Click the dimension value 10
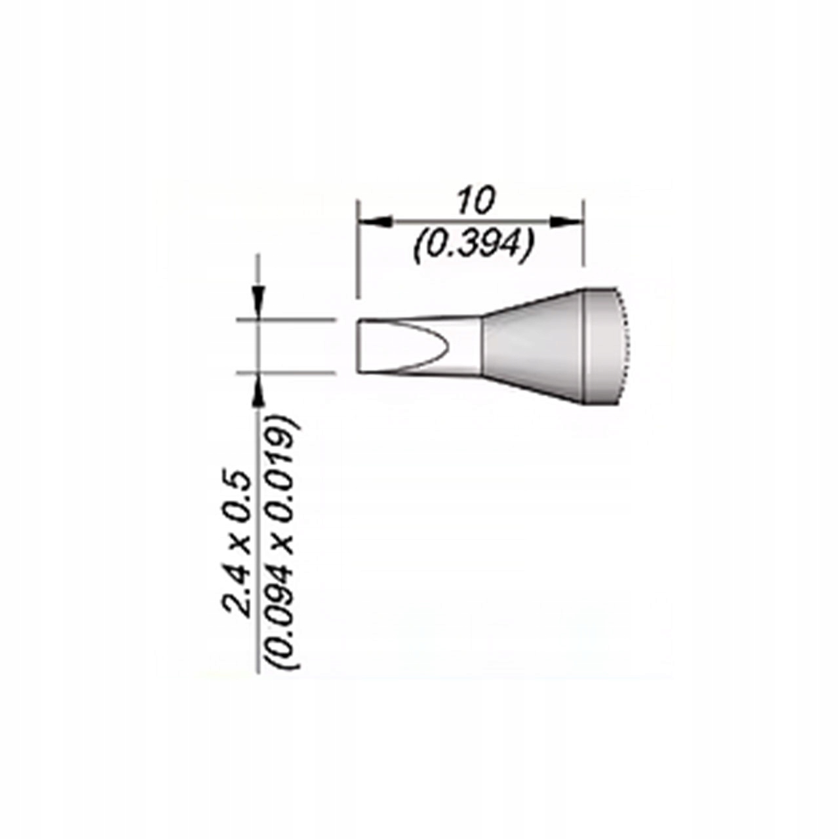coord(476,201)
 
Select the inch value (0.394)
coord(474,247)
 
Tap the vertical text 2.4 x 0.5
coord(238,543)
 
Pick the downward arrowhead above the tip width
coord(259,303)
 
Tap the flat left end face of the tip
coord(359,347)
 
